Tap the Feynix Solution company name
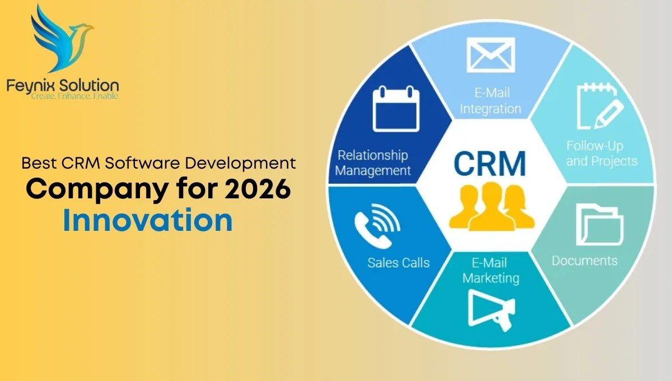coord(63,86)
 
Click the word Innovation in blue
coord(148,221)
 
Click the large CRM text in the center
coord(490,163)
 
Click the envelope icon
coord(491,55)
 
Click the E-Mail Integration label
coord(491,101)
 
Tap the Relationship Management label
coord(373,162)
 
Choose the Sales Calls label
coord(398,262)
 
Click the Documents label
coord(585,261)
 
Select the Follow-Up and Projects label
coord(601,154)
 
